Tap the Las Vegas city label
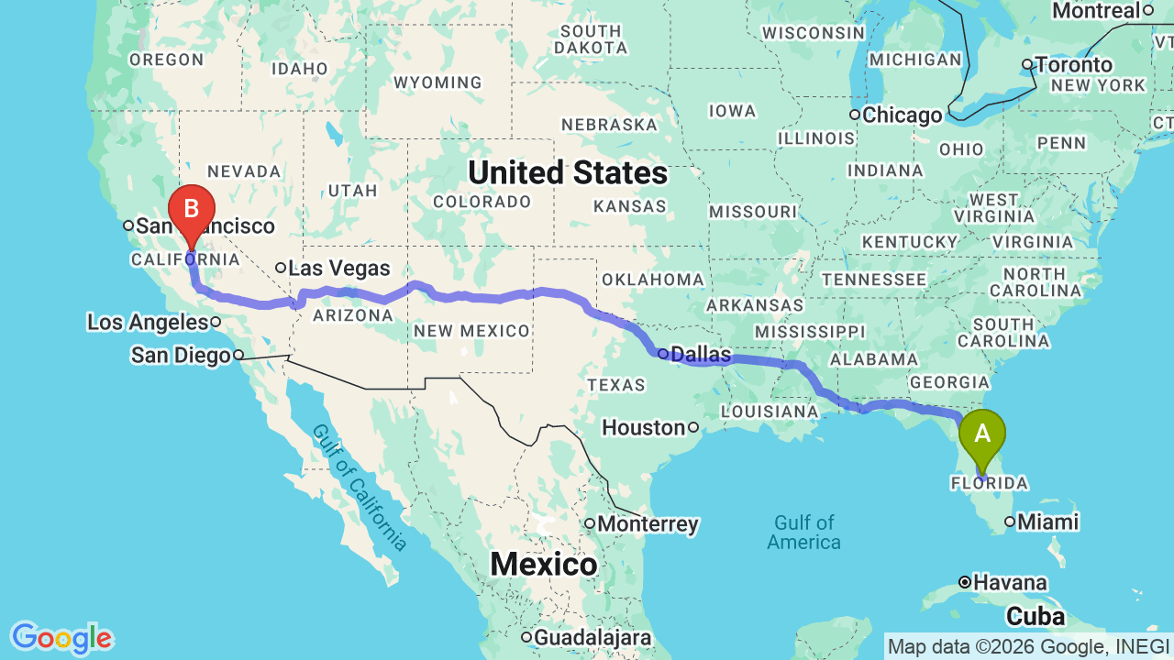click(x=338, y=269)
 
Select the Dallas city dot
click(x=662, y=353)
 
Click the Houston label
click(x=644, y=427)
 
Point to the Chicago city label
click(x=901, y=115)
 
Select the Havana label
click(x=1010, y=582)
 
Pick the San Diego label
click(x=181, y=355)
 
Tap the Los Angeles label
click(x=148, y=322)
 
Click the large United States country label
click(x=568, y=172)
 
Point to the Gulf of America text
click(x=803, y=532)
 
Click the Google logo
click(x=61, y=638)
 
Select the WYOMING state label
click(x=437, y=82)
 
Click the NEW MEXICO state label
click(x=471, y=331)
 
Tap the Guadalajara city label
click(x=593, y=637)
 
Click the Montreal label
click(x=1095, y=11)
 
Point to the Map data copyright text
click(x=1028, y=646)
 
